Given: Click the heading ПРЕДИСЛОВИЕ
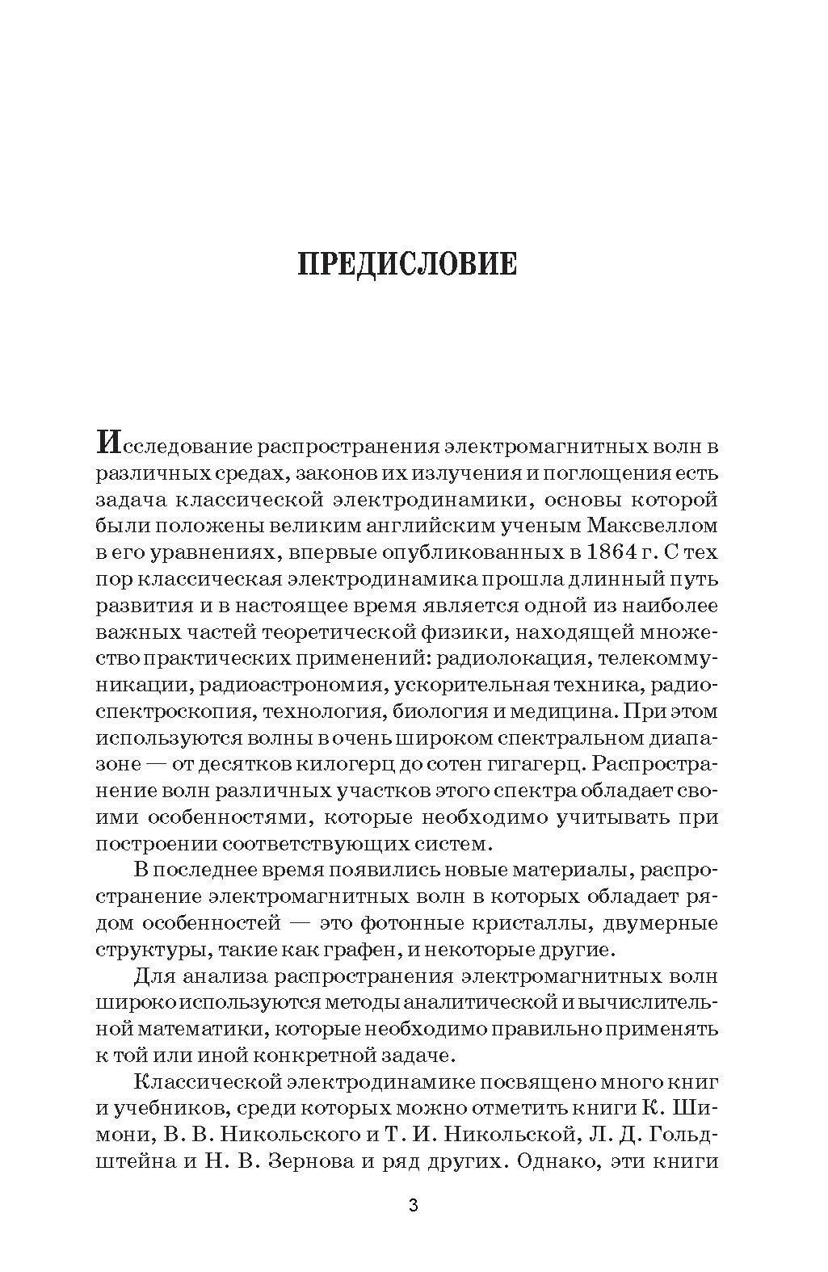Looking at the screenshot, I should pos(407,264).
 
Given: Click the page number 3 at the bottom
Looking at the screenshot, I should pos(414,1207).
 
